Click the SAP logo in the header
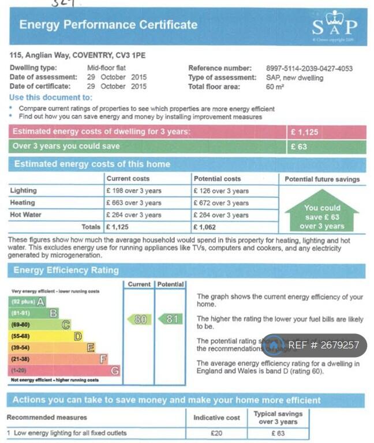(x=334, y=26)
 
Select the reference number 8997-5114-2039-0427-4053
(x=309, y=68)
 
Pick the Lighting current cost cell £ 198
(x=133, y=191)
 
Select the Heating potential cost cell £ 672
(x=221, y=203)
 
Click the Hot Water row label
(x=25, y=215)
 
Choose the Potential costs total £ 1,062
(x=205, y=227)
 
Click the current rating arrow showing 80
(x=139, y=319)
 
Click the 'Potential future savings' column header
(x=322, y=179)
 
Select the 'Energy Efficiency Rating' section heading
(x=66, y=270)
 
